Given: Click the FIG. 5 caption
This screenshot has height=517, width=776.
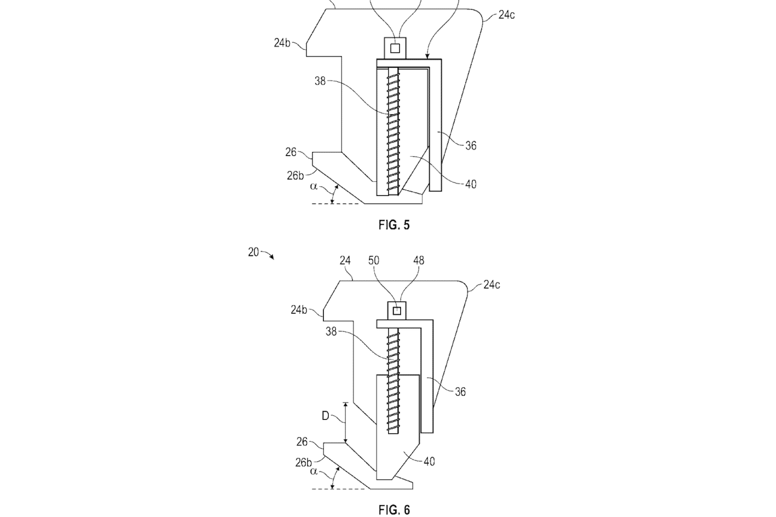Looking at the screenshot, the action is (x=394, y=225).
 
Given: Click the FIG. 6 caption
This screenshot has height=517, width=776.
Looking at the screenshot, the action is (x=394, y=510).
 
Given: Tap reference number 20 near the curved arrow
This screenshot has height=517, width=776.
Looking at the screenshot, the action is (x=253, y=252).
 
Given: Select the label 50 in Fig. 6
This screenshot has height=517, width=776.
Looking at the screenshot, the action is (x=373, y=260).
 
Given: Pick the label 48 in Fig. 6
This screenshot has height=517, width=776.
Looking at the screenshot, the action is (x=419, y=260).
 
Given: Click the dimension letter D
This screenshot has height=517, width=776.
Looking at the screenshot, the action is (x=325, y=416).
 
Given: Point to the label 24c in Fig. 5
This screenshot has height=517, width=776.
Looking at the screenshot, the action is (x=506, y=15).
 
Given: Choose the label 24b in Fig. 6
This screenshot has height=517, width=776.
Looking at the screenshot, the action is (x=299, y=310).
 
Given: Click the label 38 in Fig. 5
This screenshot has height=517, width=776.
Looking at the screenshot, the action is (x=320, y=81).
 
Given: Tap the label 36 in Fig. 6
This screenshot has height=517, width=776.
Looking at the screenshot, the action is (x=460, y=392).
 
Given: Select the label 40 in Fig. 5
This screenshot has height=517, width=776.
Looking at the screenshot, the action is (x=470, y=184).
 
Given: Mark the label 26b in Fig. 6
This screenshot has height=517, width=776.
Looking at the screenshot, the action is (x=304, y=463).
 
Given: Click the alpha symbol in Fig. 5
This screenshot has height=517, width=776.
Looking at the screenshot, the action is (x=313, y=186).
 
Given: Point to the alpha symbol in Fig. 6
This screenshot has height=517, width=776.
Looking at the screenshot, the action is (x=313, y=471).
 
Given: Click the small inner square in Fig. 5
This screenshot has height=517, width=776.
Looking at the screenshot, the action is (x=395, y=48).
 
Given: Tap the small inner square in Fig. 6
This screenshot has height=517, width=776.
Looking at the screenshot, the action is (x=397, y=311).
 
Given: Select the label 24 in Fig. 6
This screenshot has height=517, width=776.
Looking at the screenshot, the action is (x=345, y=260).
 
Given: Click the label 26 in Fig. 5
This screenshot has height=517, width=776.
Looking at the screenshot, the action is (x=291, y=152).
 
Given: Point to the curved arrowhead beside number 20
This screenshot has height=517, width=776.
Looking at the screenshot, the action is (x=272, y=257).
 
